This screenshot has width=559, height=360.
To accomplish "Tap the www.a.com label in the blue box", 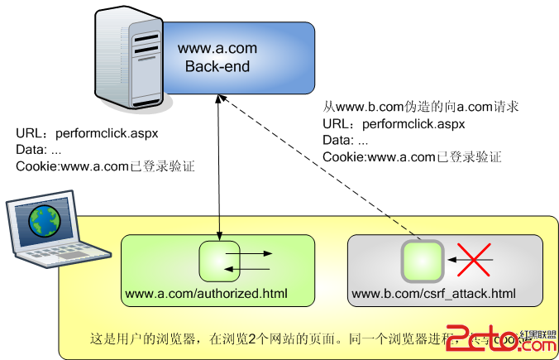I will tap(213, 49).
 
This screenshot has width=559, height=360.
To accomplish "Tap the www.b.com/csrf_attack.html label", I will tap(433, 294).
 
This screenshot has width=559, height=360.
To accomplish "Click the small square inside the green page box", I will tap(219, 260).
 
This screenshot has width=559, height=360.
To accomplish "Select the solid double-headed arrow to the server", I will tap(219, 166).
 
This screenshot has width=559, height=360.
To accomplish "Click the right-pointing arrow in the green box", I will tap(257, 253).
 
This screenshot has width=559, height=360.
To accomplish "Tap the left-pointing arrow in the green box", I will tap(252, 268).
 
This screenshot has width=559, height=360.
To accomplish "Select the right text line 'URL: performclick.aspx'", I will tap(394, 124).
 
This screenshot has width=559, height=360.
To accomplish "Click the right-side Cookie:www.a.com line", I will tap(411, 157).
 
